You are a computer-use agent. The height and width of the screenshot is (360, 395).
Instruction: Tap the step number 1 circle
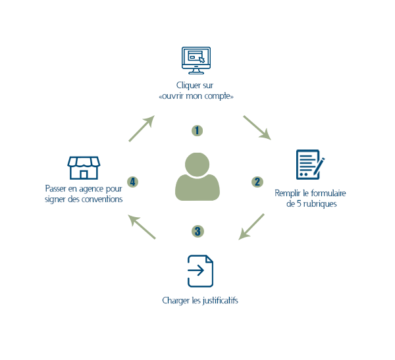pyautogui.click(x=197, y=130)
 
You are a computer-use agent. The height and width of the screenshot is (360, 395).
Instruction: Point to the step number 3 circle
pyautogui.click(x=197, y=231)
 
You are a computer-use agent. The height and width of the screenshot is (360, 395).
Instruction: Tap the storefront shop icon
pyautogui.click(x=84, y=167)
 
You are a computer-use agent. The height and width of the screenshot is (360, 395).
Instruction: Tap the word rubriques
pyautogui.click(x=319, y=204)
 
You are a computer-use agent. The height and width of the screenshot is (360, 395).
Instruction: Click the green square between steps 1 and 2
pyautogui.click(x=257, y=128)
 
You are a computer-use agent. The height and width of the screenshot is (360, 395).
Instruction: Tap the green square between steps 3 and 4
pyautogui.click(x=142, y=226)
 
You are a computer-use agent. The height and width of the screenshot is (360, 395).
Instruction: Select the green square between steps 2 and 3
pyautogui.click(x=251, y=226)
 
